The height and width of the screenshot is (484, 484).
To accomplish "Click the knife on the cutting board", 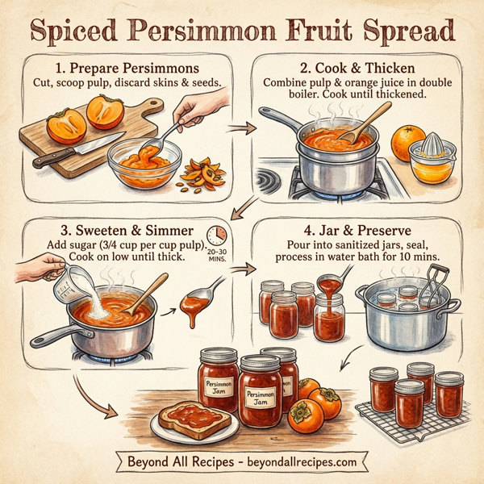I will coord(77,150).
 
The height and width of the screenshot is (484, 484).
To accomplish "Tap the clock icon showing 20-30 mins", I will coord(216,236).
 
